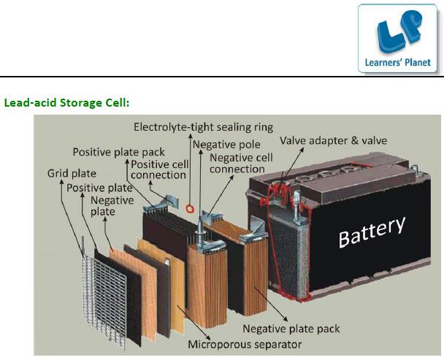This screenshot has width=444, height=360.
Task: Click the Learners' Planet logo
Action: [x=397, y=38]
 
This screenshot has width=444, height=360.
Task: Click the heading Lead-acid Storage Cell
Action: [x=67, y=102]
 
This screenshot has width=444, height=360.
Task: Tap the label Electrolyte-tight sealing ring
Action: [x=203, y=127]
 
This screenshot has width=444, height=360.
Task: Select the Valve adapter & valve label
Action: [x=333, y=141]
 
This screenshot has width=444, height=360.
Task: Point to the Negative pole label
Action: [x=226, y=145]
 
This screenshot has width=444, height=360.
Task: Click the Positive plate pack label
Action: [x=118, y=152]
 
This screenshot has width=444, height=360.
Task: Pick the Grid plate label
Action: [x=72, y=173]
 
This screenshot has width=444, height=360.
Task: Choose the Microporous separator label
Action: [x=245, y=345]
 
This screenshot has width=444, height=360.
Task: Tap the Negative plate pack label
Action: [x=291, y=329]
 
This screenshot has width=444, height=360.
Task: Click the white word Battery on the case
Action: [x=372, y=232]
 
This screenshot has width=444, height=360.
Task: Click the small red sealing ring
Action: [x=190, y=209]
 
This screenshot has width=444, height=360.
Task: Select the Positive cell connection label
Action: [x=159, y=169]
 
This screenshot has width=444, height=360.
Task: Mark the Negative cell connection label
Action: [x=241, y=164]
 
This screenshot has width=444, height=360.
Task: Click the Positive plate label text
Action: [x=99, y=188]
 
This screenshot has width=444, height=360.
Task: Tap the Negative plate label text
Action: [x=112, y=206]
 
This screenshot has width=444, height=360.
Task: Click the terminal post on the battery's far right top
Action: [x=414, y=170]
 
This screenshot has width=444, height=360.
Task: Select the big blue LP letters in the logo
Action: [x=398, y=31]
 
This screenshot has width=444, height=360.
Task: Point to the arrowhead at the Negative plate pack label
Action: [x=285, y=318]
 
